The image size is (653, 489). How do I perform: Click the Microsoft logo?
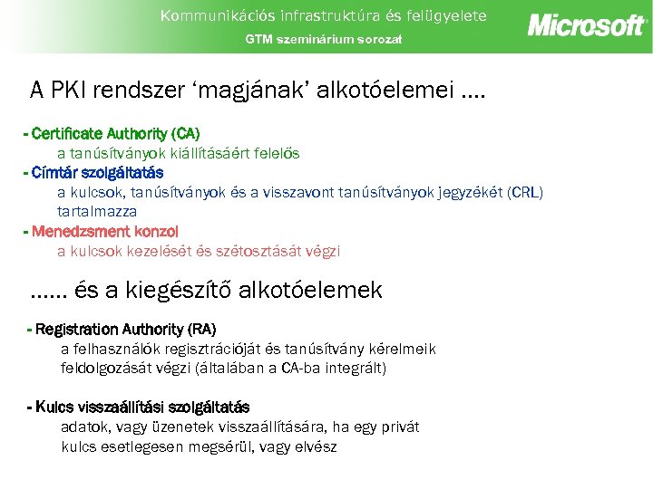[x=587, y=24]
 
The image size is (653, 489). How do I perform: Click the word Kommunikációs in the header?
[x=198, y=15]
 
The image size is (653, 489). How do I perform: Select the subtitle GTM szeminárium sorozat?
[x=323, y=39]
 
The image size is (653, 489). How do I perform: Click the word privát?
[x=400, y=427]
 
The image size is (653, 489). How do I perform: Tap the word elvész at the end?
[x=314, y=446]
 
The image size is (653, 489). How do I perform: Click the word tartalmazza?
[x=97, y=211]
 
